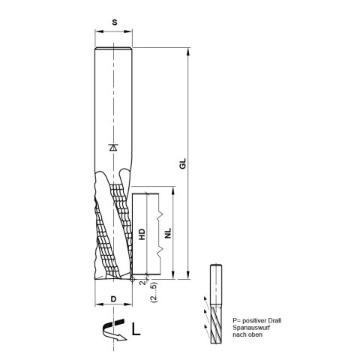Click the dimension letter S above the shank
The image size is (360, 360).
[115, 23]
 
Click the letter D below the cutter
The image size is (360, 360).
[114, 299]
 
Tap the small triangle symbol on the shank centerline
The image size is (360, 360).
[113, 148]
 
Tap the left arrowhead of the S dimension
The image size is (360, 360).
[98, 33]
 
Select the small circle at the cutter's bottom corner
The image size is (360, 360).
[131, 279]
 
